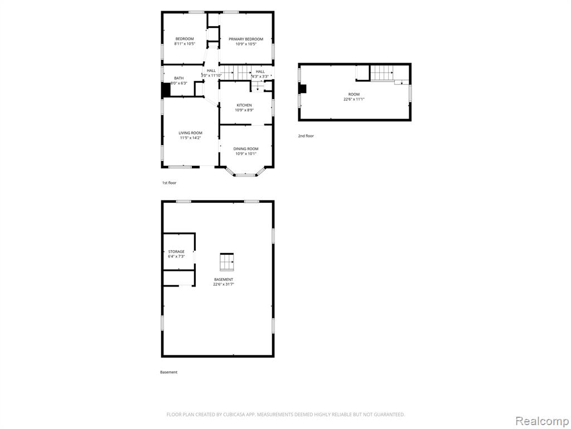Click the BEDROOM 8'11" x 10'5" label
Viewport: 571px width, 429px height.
[185, 41]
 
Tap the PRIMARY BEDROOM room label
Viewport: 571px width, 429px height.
[246, 41]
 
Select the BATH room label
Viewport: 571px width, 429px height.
[179, 80]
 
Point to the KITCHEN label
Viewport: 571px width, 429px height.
[244, 108]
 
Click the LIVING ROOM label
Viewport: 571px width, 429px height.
[191, 135]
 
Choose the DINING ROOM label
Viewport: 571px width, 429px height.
[246, 151]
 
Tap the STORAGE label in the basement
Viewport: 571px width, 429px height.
[176, 254]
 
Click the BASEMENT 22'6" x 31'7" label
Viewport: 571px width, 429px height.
[224, 282]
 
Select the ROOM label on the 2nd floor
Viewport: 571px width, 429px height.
[354, 97]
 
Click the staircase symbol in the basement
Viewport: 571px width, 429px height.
[226, 263]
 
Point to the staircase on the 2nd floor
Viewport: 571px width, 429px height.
[382, 73]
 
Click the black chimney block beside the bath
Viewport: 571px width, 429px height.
[166, 90]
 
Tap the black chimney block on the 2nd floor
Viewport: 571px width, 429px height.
[302, 89]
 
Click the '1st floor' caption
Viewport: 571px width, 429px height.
[169, 183]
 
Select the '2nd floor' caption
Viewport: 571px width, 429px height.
[306, 136]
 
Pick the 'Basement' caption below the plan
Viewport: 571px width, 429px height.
[168, 372]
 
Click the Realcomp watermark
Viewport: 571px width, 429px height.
[542, 421]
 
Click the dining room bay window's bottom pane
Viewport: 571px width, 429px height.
[246, 175]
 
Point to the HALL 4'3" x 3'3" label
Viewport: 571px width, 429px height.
[260, 74]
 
